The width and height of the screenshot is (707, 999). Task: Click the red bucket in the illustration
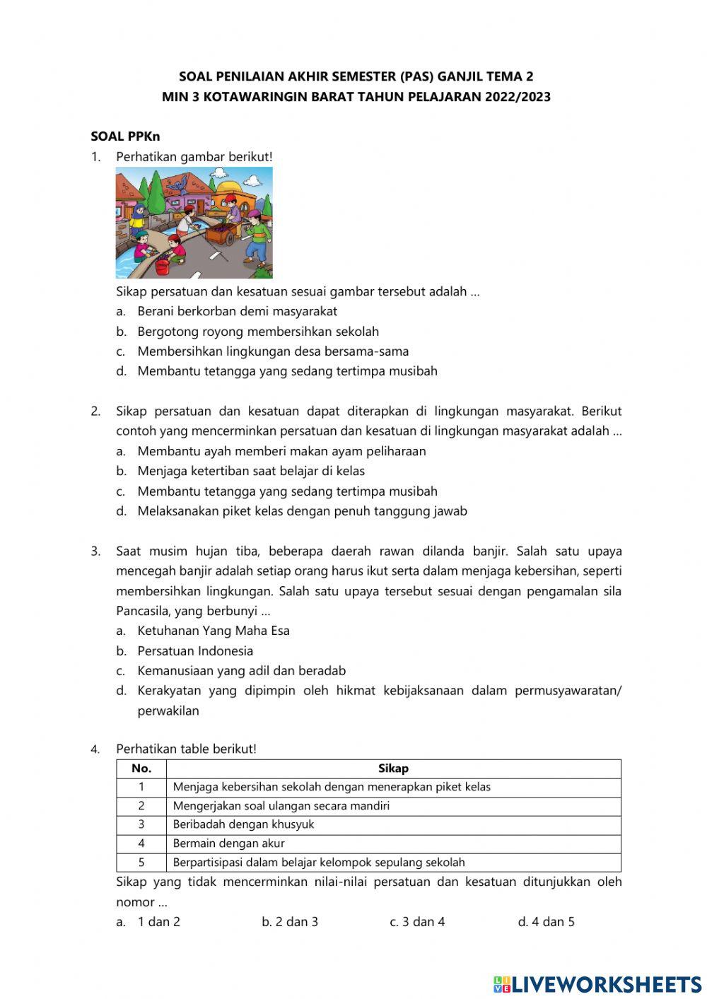point(162,267)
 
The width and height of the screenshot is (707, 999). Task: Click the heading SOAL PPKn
point(125,136)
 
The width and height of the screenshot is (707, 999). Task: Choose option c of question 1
point(273,351)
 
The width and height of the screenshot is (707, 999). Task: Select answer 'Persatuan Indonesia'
point(195,651)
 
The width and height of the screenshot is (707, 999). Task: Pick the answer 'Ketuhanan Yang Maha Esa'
point(214,631)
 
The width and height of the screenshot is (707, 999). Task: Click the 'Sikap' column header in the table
point(393,769)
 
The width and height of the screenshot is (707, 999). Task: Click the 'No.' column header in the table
point(141,769)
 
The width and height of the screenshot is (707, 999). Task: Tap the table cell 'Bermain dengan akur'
point(228,843)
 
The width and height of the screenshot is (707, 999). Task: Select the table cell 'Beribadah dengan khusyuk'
point(243,824)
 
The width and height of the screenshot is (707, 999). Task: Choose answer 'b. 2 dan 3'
point(290,922)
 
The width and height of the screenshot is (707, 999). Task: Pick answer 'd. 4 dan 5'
point(546,922)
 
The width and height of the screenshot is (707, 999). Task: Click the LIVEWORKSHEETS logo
point(597,984)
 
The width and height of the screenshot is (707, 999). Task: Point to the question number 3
point(95,551)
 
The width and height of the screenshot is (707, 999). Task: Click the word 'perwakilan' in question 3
point(168,711)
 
